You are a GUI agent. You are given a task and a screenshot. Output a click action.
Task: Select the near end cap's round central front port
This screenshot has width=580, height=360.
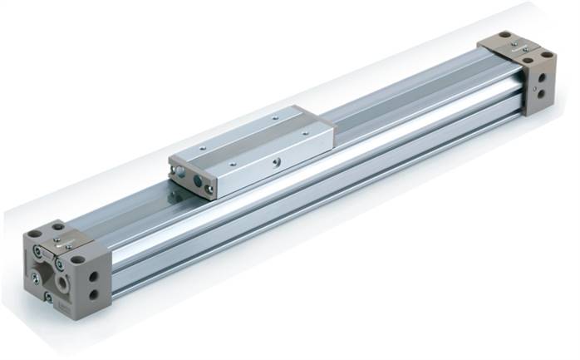click(61, 280)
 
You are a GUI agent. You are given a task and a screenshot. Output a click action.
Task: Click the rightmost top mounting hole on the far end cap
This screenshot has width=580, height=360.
click(548, 56)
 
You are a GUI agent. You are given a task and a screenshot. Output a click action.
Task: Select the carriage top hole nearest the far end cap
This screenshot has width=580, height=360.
click(300, 120)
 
